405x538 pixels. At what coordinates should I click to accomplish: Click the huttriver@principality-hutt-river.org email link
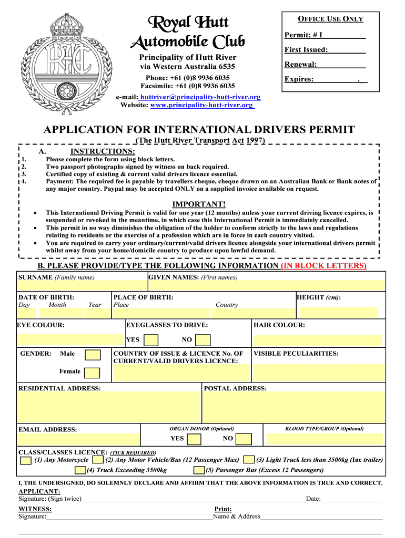pos(200,97)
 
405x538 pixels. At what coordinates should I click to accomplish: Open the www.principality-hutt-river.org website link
pos(201,105)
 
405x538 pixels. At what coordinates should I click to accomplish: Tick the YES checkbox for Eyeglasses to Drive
pos(151,340)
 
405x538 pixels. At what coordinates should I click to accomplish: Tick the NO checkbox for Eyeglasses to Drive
pos(203,340)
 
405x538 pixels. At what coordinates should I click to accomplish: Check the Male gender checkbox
pos(93,355)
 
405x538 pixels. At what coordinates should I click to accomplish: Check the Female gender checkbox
pos(93,373)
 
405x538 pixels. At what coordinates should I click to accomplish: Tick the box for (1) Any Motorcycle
pos(25,460)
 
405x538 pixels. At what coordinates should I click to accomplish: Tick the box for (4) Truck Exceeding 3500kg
pos(80,470)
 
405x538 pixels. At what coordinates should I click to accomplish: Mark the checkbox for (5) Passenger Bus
pos(199,470)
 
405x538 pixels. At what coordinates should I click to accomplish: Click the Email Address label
pos(47,430)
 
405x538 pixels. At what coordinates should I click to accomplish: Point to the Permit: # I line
pos(325,35)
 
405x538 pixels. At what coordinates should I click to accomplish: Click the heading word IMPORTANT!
pos(199,204)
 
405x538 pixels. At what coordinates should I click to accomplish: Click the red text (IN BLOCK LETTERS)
pos(323,266)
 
